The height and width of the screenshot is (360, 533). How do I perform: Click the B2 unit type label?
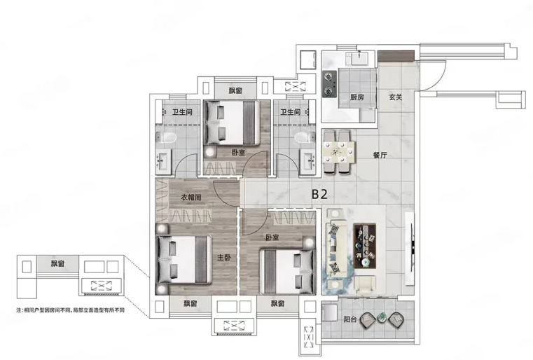319,194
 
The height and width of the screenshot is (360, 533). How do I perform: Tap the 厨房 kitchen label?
357,97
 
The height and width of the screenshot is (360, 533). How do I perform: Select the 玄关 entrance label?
396,97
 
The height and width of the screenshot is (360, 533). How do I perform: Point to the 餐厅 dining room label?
380,155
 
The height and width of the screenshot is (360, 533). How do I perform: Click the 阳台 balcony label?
349,319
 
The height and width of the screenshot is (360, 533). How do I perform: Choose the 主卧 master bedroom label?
224,258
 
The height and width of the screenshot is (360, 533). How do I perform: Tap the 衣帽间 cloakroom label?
191,198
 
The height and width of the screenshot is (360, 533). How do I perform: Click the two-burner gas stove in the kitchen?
329,84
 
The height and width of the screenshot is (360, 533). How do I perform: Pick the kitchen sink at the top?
359,58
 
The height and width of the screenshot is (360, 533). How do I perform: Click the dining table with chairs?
339,152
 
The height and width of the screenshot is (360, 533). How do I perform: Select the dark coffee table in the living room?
365,244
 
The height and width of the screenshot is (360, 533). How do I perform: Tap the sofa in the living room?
336,248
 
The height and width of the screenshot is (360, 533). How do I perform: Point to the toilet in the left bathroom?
166,138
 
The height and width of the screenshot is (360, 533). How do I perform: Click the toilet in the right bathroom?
305,138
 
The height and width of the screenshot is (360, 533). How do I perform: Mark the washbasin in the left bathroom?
164,162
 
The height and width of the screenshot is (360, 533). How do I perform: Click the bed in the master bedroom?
184,259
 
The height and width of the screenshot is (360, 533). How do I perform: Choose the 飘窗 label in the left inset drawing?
57,263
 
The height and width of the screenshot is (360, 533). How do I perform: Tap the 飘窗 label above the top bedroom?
235,91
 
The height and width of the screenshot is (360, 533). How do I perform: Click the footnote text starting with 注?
70,310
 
